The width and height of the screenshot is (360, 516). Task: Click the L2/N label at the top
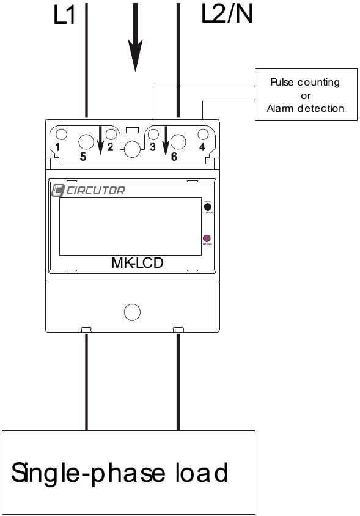226,15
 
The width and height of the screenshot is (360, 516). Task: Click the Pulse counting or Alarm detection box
306,95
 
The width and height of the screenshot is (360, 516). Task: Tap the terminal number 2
110,147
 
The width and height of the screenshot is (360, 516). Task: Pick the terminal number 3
152,147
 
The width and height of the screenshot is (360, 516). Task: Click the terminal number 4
202,147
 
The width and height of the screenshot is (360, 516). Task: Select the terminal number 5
83,157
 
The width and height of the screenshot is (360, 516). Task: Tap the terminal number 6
174,157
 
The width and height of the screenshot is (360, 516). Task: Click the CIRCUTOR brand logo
88,190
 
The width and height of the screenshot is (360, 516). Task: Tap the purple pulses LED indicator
207,238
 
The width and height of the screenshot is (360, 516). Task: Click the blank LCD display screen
130,226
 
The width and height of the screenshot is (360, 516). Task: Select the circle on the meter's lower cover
132,312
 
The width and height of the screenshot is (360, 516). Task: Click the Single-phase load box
128,472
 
